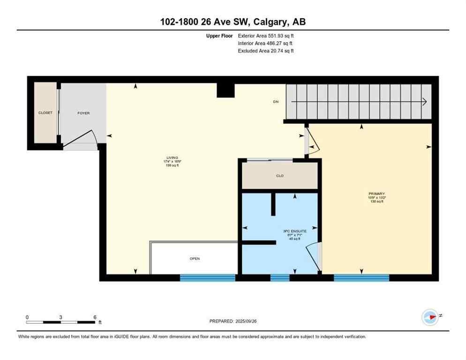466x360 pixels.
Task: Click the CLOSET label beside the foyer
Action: (45, 113)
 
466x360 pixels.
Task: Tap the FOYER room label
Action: (83, 113)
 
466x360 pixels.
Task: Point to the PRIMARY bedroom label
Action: (376, 194)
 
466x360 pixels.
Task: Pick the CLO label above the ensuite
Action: (280, 176)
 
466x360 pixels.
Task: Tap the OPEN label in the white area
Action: (195, 258)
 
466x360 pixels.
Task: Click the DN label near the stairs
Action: (276, 102)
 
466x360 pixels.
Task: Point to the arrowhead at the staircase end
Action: (424, 102)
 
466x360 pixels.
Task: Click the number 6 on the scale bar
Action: (95, 317)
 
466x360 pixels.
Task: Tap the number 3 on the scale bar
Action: (61, 317)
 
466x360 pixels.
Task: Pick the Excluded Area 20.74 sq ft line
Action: (266, 51)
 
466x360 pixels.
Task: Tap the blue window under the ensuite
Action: (280, 278)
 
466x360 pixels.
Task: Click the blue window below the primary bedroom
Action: (361, 278)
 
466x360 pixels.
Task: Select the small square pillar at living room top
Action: (225, 90)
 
